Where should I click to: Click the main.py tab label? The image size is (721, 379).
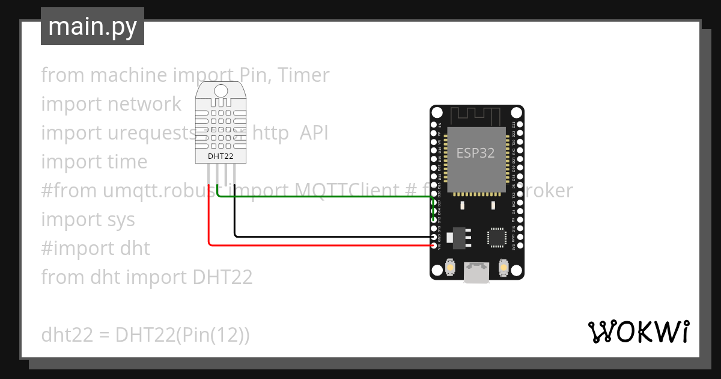coord(92,26)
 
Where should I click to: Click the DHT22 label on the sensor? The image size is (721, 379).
coord(221,156)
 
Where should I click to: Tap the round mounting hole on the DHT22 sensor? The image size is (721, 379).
coord(221,91)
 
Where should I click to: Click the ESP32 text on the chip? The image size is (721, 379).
coord(475,153)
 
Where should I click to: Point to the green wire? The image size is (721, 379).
coord(324,196)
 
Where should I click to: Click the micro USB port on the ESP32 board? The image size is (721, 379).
coord(476,272)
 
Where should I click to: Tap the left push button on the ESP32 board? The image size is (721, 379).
coord(450,267)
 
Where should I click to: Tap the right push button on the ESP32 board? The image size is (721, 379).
coord(503,267)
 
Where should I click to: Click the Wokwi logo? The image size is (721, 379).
coord(638,332)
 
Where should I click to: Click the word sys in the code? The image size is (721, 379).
coord(122,220)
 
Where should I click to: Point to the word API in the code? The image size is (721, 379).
coord(314,133)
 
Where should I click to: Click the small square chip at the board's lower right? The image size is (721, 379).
coord(497,236)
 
